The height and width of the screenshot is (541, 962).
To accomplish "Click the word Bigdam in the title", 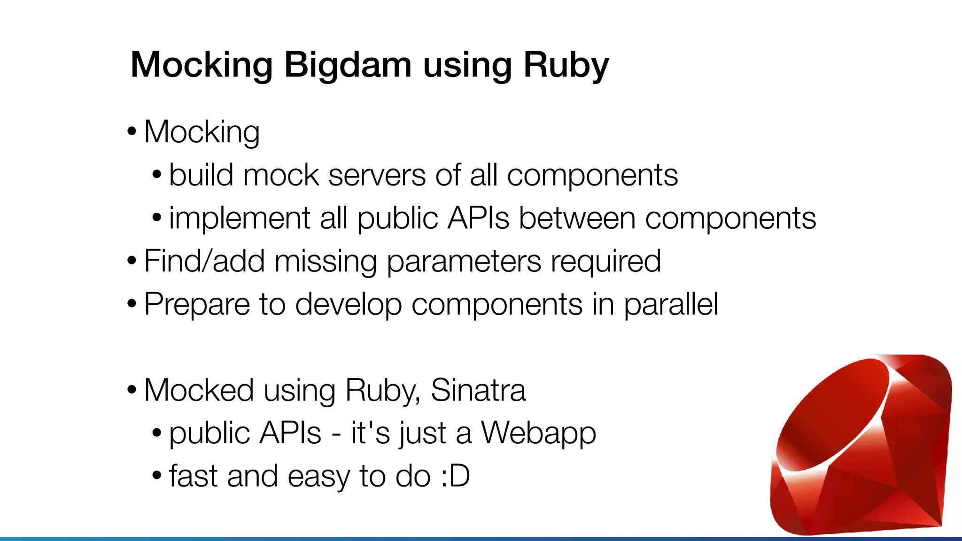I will click(x=348, y=65).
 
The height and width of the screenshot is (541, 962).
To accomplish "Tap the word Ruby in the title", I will click(x=566, y=65).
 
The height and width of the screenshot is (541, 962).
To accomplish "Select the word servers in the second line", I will click(x=377, y=175).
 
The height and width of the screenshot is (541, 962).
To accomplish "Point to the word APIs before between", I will click(x=478, y=218).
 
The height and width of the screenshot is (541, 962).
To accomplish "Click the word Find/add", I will click(x=204, y=261).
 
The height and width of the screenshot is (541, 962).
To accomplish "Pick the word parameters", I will click(x=464, y=262).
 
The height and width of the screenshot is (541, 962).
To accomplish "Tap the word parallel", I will click(x=671, y=304).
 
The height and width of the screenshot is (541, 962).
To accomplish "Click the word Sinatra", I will click(x=478, y=390).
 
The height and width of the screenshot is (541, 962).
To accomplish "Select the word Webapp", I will click(x=538, y=433).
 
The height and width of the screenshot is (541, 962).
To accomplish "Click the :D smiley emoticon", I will click(x=455, y=476).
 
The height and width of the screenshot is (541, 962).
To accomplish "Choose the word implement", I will click(x=240, y=218).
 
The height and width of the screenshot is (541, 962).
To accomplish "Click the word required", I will click(x=605, y=262).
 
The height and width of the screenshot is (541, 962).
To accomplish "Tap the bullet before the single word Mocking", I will click(x=132, y=131).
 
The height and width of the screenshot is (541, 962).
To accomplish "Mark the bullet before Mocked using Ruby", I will click(x=132, y=390).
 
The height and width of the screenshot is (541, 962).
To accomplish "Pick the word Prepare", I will click(x=197, y=304).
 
